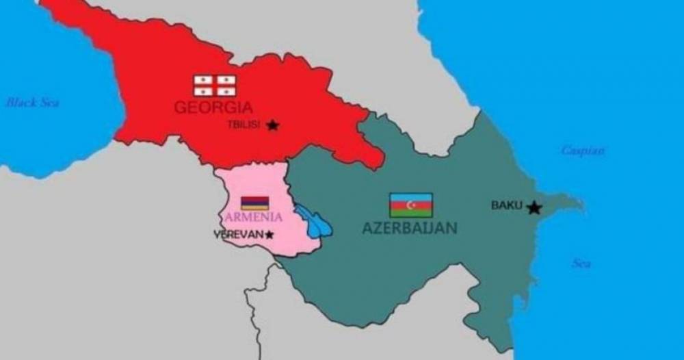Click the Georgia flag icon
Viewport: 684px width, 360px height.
coord(214,86)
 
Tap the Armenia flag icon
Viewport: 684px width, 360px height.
coord(254,203)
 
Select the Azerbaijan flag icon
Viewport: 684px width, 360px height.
coord(410,205)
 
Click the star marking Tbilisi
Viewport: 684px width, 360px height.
coord(273,125)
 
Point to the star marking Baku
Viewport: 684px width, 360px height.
coord(534,207)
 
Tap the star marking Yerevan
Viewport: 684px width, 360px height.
coord(269,235)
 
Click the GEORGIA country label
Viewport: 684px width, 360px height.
coord(213,107)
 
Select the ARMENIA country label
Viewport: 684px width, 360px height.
coord(252,217)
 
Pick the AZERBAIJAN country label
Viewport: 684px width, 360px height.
coord(409,228)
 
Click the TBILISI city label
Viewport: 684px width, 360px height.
coord(244,125)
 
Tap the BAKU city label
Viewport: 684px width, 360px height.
coord(507,205)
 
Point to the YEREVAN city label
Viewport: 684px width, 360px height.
coord(239,234)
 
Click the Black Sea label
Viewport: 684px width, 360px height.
coord(32,103)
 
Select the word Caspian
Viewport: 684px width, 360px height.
coord(583,151)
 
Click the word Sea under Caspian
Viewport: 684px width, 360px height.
coord(581,263)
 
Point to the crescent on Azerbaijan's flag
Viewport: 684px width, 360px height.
coord(410,205)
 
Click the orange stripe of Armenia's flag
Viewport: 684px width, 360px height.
coord(254,207)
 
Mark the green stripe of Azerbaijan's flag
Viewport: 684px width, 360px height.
coord(410,213)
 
